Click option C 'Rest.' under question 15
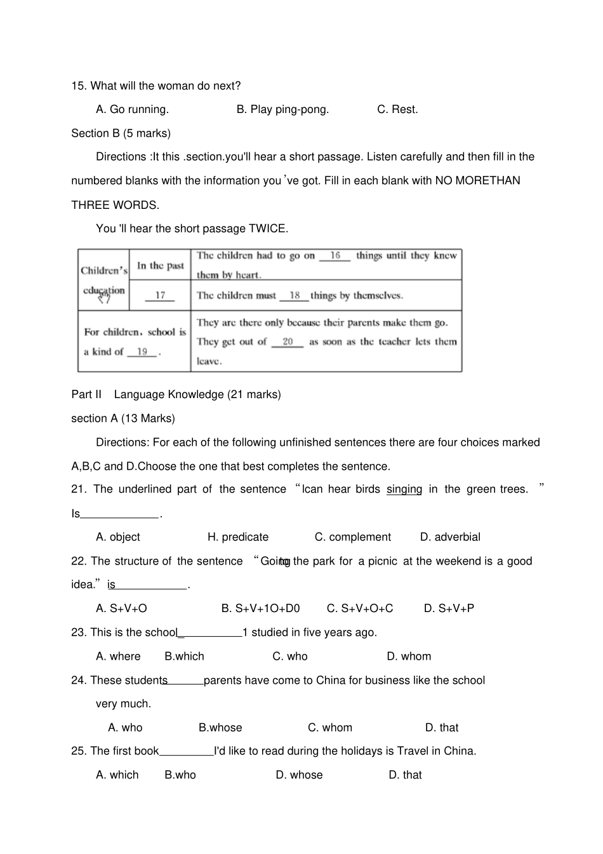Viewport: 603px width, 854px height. point(397,109)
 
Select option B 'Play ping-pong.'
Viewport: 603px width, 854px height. point(282,109)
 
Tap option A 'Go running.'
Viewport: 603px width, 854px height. point(132,109)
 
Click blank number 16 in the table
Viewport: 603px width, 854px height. point(335,255)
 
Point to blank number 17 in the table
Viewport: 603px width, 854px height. point(160,295)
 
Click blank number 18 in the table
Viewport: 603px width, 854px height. point(295,295)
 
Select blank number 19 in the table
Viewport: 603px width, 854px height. point(142,352)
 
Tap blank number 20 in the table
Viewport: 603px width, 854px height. point(288,342)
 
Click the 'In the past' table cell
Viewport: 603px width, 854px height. point(160,265)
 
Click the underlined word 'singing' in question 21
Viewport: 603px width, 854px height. point(404,489)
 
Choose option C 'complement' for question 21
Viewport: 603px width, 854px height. point(353,537)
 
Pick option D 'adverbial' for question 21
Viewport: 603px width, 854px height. point(450,537)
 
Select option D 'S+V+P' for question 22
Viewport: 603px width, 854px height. point(449,608)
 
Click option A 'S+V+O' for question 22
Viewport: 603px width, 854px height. point(121,608)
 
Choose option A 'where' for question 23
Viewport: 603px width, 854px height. point(118,657)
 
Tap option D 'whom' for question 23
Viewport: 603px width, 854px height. point(409,657)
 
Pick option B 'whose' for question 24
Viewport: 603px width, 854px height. point(220,728)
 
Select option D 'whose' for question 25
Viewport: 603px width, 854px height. point(299,775)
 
